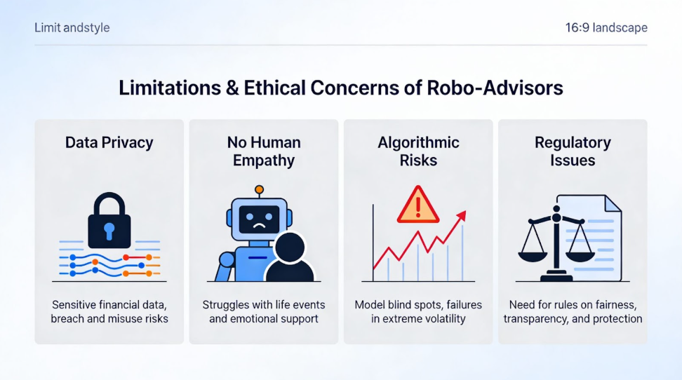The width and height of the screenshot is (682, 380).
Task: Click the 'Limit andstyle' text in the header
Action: click(72, 28)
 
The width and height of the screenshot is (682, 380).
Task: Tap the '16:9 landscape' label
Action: click(606, 28)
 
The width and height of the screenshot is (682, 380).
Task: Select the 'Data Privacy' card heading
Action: click(109, 142)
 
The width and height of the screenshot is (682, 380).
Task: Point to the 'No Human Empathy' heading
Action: click(264, 151)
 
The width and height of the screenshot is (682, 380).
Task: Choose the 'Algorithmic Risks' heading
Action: click(418, 151)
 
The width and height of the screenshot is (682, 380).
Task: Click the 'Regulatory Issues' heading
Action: click(573, 151)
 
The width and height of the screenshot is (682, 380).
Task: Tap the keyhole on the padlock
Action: click(109, 230)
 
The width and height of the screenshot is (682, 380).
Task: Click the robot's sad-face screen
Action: click(259, 220)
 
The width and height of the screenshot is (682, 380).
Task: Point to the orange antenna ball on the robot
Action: click(259, 189)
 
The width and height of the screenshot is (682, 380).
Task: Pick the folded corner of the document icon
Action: click(613, 204)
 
